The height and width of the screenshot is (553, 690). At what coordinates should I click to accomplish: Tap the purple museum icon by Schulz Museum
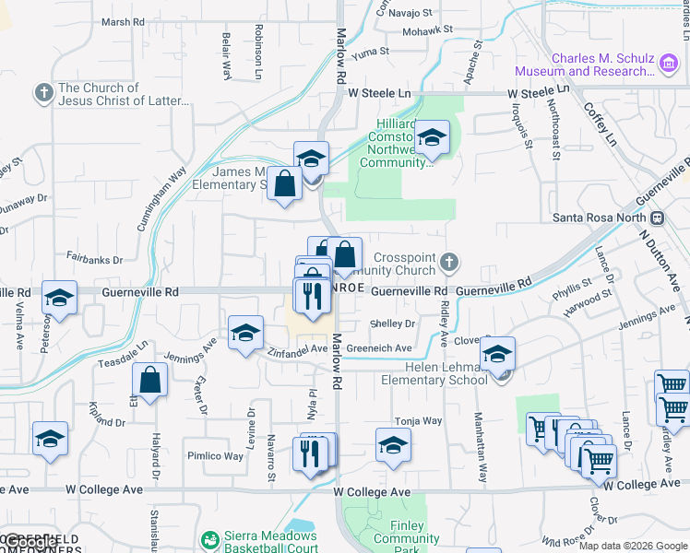[x=669, y=62]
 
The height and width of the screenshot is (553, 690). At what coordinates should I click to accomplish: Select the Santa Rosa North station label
[x=600, y=218]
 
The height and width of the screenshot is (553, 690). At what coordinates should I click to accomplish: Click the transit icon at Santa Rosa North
[x=657, y=218]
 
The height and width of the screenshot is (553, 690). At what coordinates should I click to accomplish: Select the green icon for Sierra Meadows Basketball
[x=210, y=538]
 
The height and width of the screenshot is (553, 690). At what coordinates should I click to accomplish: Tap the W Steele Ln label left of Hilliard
[x=379, y=93]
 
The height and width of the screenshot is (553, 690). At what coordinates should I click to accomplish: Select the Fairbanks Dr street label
[x=94, y=261]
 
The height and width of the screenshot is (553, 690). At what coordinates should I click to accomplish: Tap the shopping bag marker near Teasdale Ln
[x=149, y=381]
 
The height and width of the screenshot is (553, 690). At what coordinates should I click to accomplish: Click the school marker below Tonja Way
[x=394, y=446]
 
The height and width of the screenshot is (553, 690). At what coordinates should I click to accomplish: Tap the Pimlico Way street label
[x=216, y=456]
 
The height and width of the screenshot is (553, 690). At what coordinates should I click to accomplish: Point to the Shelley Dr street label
[x=392, y=324]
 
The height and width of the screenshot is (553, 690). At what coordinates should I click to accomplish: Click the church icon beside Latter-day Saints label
[x=43, y=93]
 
